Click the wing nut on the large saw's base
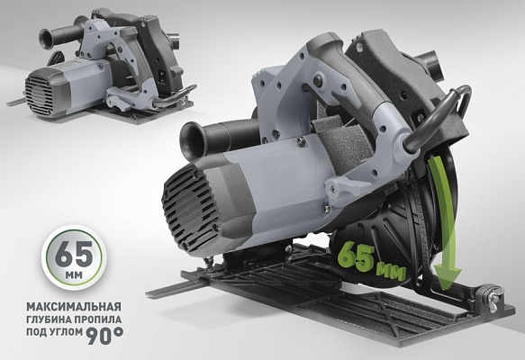[x=492, y=293]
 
